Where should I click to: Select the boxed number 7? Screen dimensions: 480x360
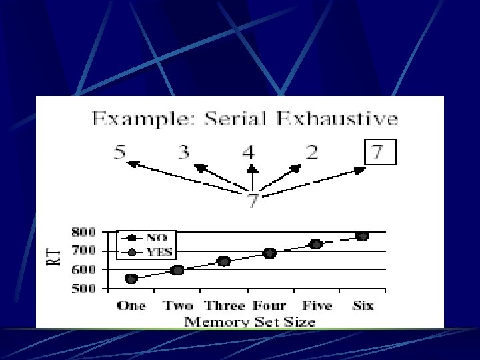pyautogui.click(x=378, y=152)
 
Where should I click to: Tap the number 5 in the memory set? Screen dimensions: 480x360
pyautogui.click(x=119, y=153)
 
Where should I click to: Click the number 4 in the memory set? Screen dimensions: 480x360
pyautogui.click(x=249, y=153)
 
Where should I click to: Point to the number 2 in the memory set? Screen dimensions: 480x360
pyautogui.click(x=311, y=153)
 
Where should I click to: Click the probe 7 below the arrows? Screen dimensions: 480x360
pyautogui.click(x=253, y=201)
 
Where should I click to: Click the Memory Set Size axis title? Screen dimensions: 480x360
pyautogui.click(x=249, y=321)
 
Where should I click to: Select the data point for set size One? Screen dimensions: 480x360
pyautogui.click(x=131, y=279)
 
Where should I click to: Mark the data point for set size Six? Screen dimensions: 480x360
pyautogui.click(x=362, y=236)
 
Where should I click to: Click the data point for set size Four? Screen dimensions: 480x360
pyautogui.click(x=269, y=253)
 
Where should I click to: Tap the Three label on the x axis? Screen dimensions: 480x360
pyautogui.click(x=226, y=305)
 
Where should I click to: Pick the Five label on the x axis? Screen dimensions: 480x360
pyautogui.click(x=316, y=305)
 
